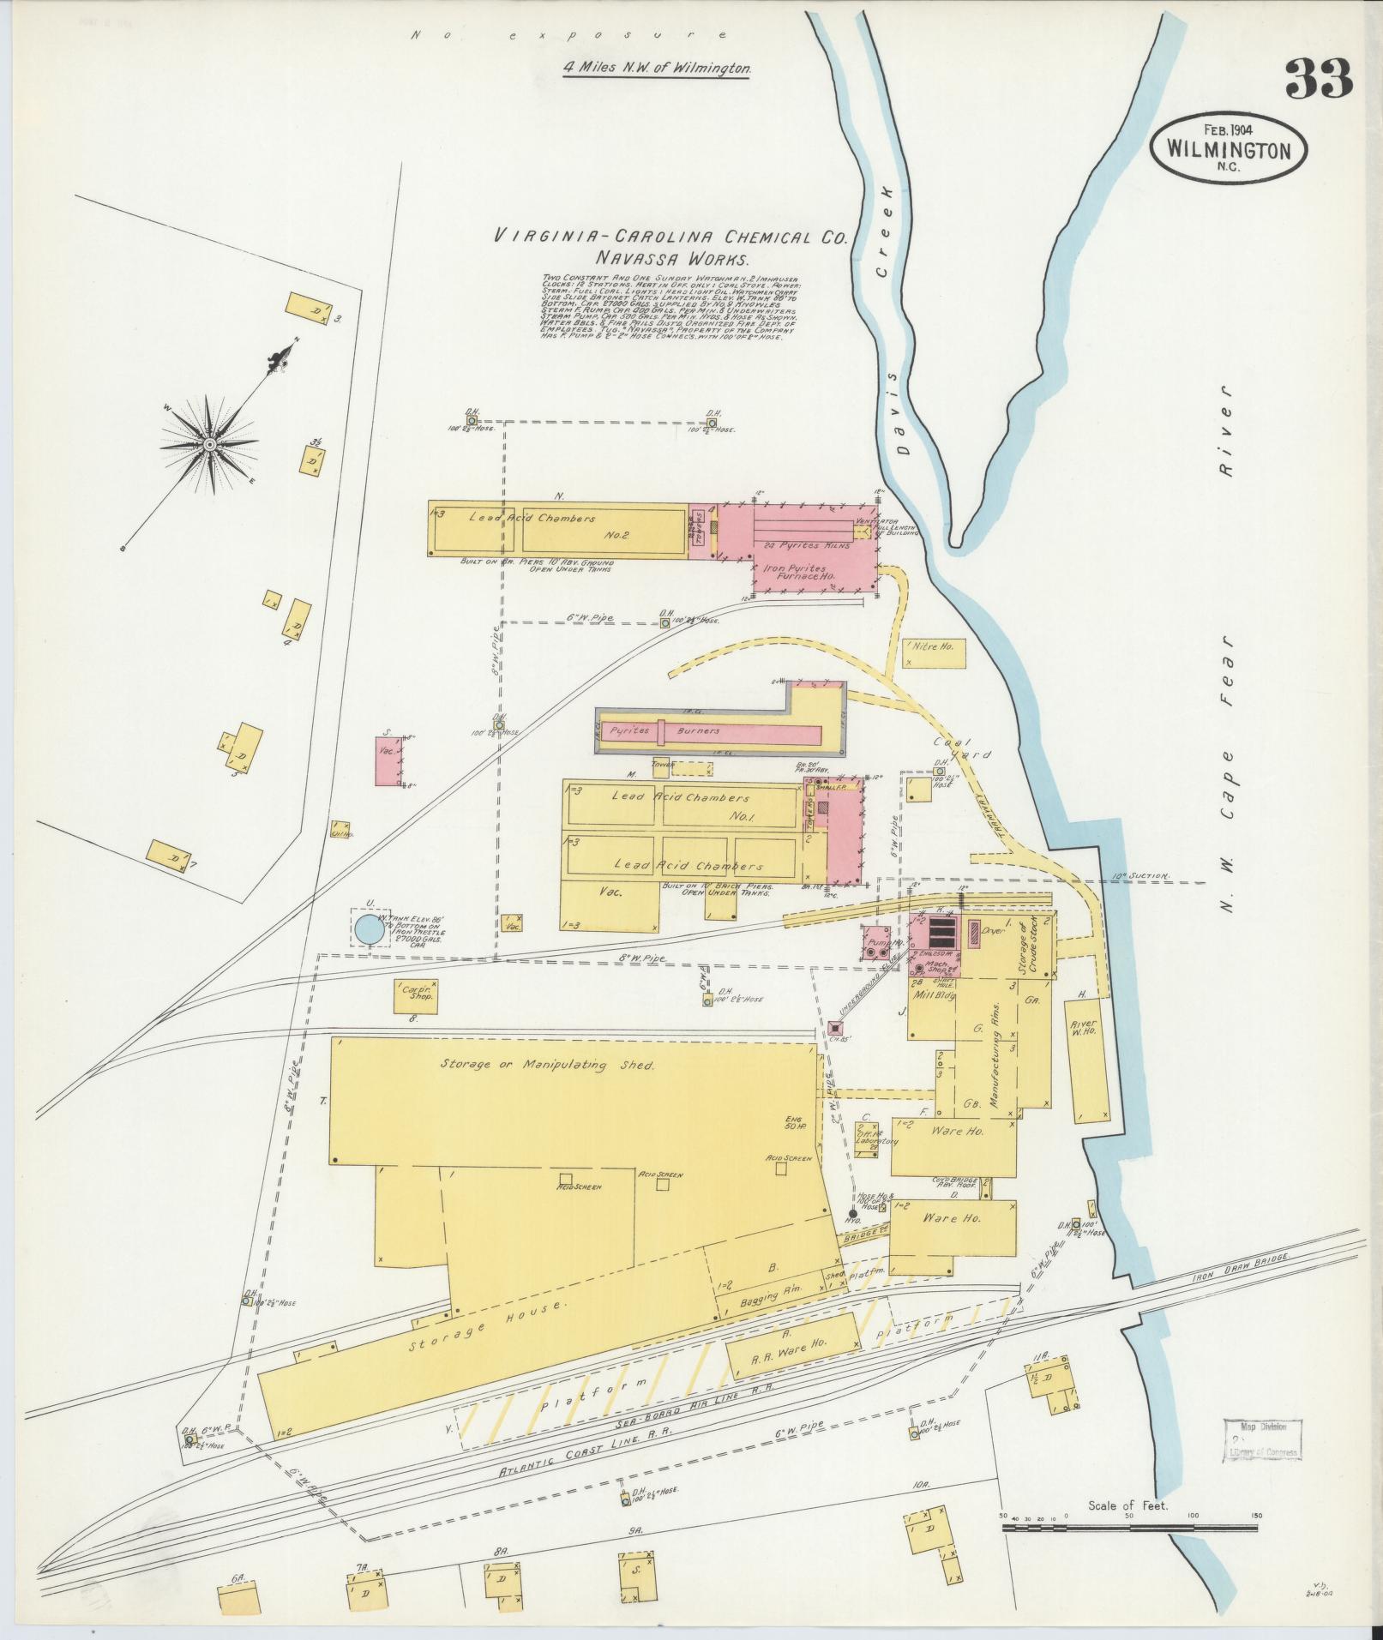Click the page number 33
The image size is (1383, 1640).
pyautogui.click(x=1318, y=80)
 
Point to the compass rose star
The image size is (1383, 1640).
pyautogui.click(x=208, y=445)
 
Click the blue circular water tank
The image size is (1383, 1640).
pyautogui.click(x=370, y=928)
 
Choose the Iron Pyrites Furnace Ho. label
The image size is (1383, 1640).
pyautogui.click(x=793, y=572)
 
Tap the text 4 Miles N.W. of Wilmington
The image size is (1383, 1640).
pyautogui.click(x=657, y=67)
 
